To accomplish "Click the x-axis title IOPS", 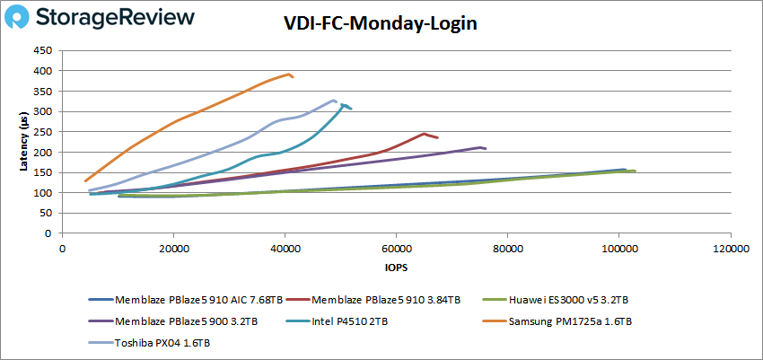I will [395, 268].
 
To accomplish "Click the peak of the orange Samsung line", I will [289, 74].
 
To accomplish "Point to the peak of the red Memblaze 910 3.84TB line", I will [424, 134].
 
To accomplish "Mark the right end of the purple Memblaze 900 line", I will [486, 148].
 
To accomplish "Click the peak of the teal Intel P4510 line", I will [343, 104].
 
